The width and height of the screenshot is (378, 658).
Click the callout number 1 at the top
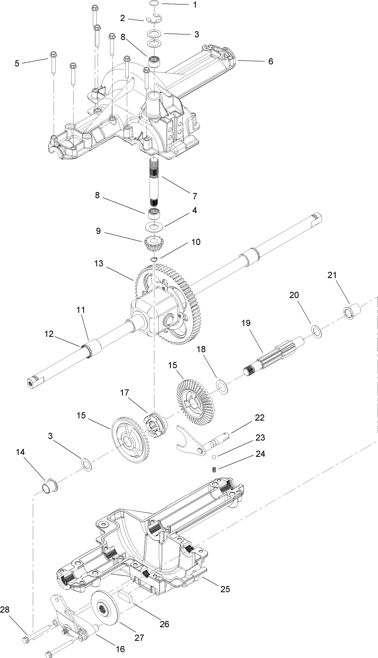pos(195,5)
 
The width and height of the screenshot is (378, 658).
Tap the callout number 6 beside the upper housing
pos(271,62)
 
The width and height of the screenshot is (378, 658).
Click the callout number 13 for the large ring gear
pos(99,264)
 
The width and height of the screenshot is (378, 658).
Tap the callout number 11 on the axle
pos(81,310)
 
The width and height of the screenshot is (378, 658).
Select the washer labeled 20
pos(316,332)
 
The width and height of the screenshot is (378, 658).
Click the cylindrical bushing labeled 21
pos(352,312)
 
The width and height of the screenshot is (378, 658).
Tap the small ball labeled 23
pos(214,457)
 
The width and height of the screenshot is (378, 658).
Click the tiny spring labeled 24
pos(214,469)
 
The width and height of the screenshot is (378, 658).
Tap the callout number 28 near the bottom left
pos(5,610)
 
